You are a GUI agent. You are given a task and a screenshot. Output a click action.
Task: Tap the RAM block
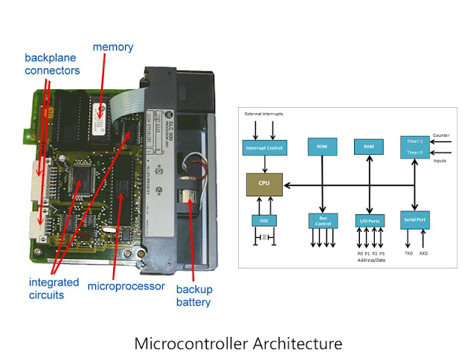point(369,147)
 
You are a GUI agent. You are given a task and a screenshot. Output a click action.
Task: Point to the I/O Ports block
point(370,220)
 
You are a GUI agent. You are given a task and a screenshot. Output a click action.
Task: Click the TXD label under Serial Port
point(408,253)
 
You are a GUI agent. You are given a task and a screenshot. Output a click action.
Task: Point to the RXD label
point(424,253)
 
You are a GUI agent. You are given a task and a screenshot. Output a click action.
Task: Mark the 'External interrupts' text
point(261,114)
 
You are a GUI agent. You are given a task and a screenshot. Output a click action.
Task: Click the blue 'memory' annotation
point(112,48)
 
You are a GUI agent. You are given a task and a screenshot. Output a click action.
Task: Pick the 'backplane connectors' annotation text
point(53,63)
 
